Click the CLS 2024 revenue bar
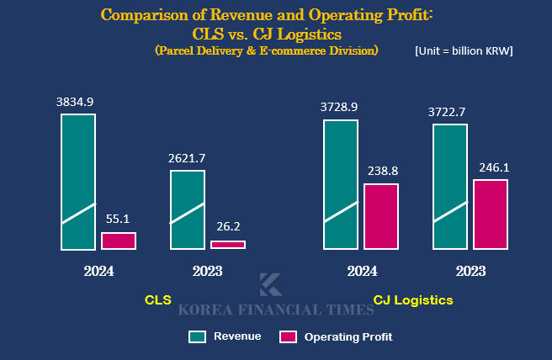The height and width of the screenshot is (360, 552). pyautogui.click(x=78, y=182)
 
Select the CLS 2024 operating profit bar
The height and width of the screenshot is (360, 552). pyautogui.click(x=119, y=241)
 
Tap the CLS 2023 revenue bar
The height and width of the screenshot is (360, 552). pyautogui.click(x=188, y=210)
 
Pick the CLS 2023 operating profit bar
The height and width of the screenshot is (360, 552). pyautogui.click(x=228, y=245)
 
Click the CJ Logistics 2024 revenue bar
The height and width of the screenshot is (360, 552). pyautogui.click(x=341, y=185)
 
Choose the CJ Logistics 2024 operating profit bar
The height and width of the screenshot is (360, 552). pyautogui.click(x=381, y=216)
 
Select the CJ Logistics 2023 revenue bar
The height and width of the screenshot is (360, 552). pyautogui.click(x=450, y=187)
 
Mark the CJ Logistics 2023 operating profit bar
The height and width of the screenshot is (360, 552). pyautogui.click(x=491, y=214)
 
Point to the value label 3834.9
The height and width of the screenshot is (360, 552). pyautogui.click(x=75, y=102)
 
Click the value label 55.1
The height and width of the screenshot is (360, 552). pyautogui.click(x=116, y=219)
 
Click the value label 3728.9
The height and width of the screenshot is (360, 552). pyautogui.click(x=339, y=107)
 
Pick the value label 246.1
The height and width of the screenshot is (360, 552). pyautogui.click(x=493, y=167)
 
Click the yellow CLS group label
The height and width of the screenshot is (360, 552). pyautogui.click(x=158, y=299)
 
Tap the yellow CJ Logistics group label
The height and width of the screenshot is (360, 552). pyautogui.click(x=413, y=299)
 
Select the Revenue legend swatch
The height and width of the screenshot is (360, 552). pyautogui.click(x=198, y=336)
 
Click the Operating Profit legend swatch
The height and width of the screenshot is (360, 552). pyautogui.click(x=289, y=336)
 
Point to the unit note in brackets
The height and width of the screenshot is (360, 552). pyautogui.click(x=464, y=50)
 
